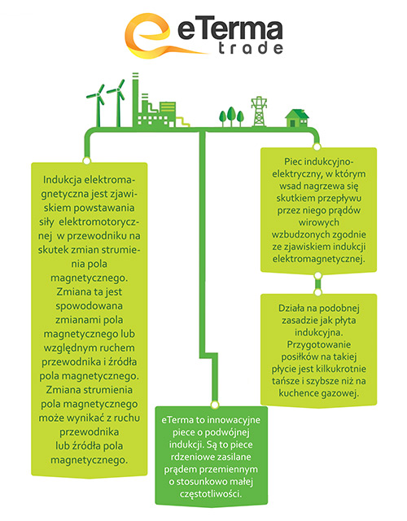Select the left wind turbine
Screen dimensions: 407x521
pos(97,106)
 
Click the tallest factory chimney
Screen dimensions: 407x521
pos(135,99)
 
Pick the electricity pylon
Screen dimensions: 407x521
pos(259,112)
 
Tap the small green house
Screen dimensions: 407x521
pos(297,118)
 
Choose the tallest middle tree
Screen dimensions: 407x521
pos(231,116)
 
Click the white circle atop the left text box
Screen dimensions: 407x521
pos(87,161)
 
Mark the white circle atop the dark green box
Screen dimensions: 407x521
pos(215,405)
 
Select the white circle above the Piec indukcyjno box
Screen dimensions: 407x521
pos(317,147)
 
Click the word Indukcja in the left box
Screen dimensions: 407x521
pos(62,180)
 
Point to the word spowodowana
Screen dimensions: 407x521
pos(89,306)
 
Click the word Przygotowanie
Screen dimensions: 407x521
pos(318,344)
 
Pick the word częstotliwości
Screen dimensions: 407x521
pos(211,494)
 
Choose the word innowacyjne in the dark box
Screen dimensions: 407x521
pos(234,420)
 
